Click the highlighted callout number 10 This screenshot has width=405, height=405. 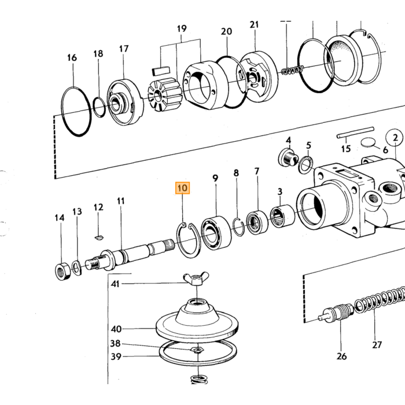pos(183,188)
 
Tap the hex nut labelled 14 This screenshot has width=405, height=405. pos(62,271)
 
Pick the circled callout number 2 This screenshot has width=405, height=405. pos(395,138)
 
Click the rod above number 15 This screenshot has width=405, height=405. pos(355,132)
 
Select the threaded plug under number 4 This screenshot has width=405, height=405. pos(289,157)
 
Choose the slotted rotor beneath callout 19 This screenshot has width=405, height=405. pos(165,95)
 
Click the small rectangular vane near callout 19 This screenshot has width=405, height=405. pos(161,71)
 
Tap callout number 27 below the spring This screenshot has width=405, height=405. pos(377,345)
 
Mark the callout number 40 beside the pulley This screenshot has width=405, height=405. pos(116,329)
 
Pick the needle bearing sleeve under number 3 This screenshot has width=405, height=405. pos(282,216)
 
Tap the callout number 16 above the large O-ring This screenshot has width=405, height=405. pos(72,57)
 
